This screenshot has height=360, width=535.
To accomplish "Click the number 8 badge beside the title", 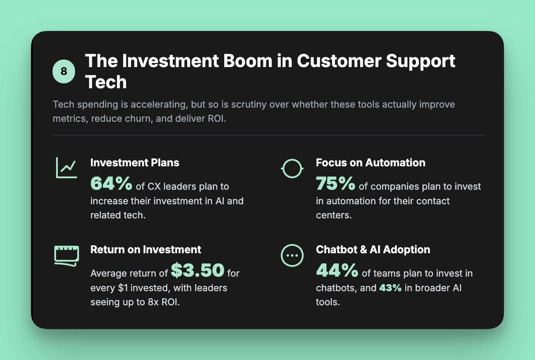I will (x=64, y=71).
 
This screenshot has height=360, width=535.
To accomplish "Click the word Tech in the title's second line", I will (x=106, y=82).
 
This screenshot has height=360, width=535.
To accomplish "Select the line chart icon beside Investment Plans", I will (x=66, y=168).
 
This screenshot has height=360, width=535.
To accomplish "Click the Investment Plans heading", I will (x=135, y=162).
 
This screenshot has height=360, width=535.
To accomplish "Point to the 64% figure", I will (x=111, y=183).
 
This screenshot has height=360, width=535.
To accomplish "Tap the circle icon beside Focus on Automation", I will (x=292, y=168).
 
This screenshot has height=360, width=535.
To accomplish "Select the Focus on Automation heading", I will (x=370, y=162).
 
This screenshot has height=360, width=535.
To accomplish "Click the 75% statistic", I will (x=335, y=183).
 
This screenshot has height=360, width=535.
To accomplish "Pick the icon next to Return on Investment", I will (x=66, y=255).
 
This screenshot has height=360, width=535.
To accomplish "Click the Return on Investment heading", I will (x=146, y=249).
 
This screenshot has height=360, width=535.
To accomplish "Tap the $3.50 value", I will (x=197, y=270).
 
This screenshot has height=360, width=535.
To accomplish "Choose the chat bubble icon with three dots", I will (x=292, y=255).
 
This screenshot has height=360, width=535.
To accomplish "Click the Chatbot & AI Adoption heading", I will (x=373, y=249).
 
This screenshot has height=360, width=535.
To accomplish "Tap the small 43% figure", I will (x=390, y=288).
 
